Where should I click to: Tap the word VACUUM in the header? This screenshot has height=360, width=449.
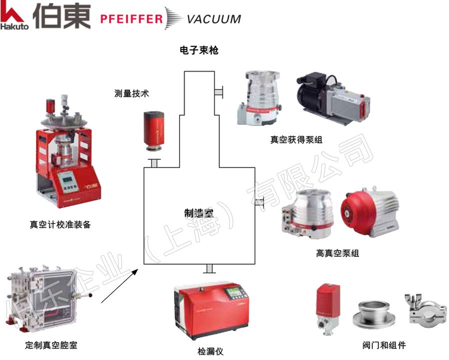pyautogui.click(x=213, y=19)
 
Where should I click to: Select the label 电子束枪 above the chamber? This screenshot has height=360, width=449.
pyautogui.click(x=199, y=50)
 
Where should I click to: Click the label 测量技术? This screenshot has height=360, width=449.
pyautogui.click(x=131, y=93)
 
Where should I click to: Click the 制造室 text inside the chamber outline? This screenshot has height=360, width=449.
pyautogui.click(x=199, y=213)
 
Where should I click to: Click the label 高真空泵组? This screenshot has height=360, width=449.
pyautogui.click(x=337, y=253)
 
